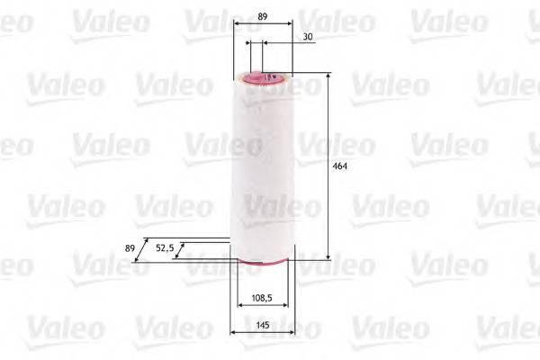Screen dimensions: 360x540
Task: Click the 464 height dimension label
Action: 339,166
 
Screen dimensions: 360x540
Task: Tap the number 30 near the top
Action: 309,36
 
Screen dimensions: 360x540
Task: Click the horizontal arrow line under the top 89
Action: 262,25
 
